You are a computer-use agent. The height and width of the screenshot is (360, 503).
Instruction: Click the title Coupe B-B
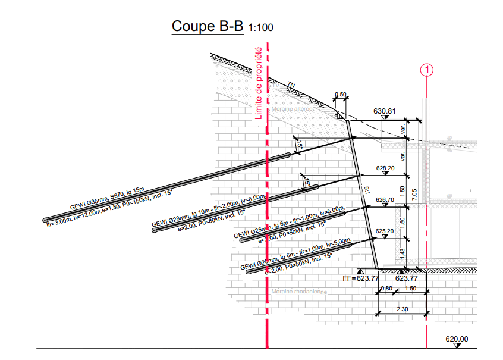click(207, 27)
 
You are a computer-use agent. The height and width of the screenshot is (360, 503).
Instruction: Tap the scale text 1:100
click(261, 28)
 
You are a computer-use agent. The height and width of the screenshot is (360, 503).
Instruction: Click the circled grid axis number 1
click(427, 70)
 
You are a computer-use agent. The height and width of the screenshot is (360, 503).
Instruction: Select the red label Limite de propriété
click(259, 83)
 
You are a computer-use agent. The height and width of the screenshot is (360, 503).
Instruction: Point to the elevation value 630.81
click(385, 111)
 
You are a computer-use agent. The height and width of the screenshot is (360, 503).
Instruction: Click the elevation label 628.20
click(385, 168)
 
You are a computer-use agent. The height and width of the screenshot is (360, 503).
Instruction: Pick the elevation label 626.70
click(385, 200)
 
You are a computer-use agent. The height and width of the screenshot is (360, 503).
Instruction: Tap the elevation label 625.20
click(385, 231)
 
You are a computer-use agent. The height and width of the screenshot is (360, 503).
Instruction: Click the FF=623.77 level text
click(361, 278)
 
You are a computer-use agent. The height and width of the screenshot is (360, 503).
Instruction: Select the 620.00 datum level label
click(457, 340)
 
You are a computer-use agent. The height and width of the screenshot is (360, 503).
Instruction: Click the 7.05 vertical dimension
click(415, 194)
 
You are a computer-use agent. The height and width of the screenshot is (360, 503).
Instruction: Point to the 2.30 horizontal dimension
click(403, 309)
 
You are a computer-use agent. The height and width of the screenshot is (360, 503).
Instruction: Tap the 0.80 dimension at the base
click(386, 289)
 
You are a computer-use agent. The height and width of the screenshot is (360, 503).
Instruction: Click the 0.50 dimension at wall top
click(340, 95)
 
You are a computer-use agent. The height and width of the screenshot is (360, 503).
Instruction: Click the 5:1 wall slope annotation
click(366, 190)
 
